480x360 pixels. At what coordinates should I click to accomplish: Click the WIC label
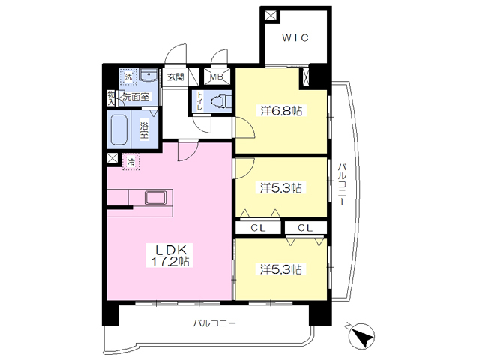pyautogui.click(x=295, y=38)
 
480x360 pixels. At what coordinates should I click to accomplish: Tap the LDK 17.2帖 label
pyautogui.click(x=170, y=255)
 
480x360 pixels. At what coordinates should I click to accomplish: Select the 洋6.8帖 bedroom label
pyautogui.click(x=281, y=110)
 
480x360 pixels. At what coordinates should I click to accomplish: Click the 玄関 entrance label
pyautogui.click(x=175, y=76)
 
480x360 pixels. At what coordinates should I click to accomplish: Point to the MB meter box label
pyautogui.click(x=217, y=76)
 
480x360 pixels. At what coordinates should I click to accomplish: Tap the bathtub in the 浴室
pyautogui.click(x=118, y=130)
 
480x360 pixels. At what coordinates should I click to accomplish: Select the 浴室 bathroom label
pyautogui.click(x=144, y=130)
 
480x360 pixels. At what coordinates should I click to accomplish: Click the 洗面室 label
pyautogui.click(x=136, y=97)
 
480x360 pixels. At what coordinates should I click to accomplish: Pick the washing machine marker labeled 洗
pyautogui.click(x=128, y=76)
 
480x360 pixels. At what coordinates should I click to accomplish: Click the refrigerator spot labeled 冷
pyautogui.click(x=130, y=162)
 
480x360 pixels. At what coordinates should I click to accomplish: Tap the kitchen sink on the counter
pyautogui.click(x=156, y=198)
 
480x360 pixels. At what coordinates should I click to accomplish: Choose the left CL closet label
pyautogui.click(x=258, y=228)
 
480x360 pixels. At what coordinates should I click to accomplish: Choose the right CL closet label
pyautogui.click(x=305, y=228)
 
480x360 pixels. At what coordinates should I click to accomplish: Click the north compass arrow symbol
pyautogui.click(x=362, y=336)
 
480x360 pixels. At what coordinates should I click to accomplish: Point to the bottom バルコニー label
pyautogui.click(x=214, y=323)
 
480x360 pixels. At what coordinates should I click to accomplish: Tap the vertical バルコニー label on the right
pyautogui.click(x=342, y=184)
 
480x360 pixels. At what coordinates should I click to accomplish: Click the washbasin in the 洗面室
pyautogui.click(x=148, y=75)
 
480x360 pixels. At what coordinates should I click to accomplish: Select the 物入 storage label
pyautogui.click(x=110, y=98)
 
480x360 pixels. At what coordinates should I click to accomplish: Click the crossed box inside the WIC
pyautogui.click(x=271, y=15)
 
